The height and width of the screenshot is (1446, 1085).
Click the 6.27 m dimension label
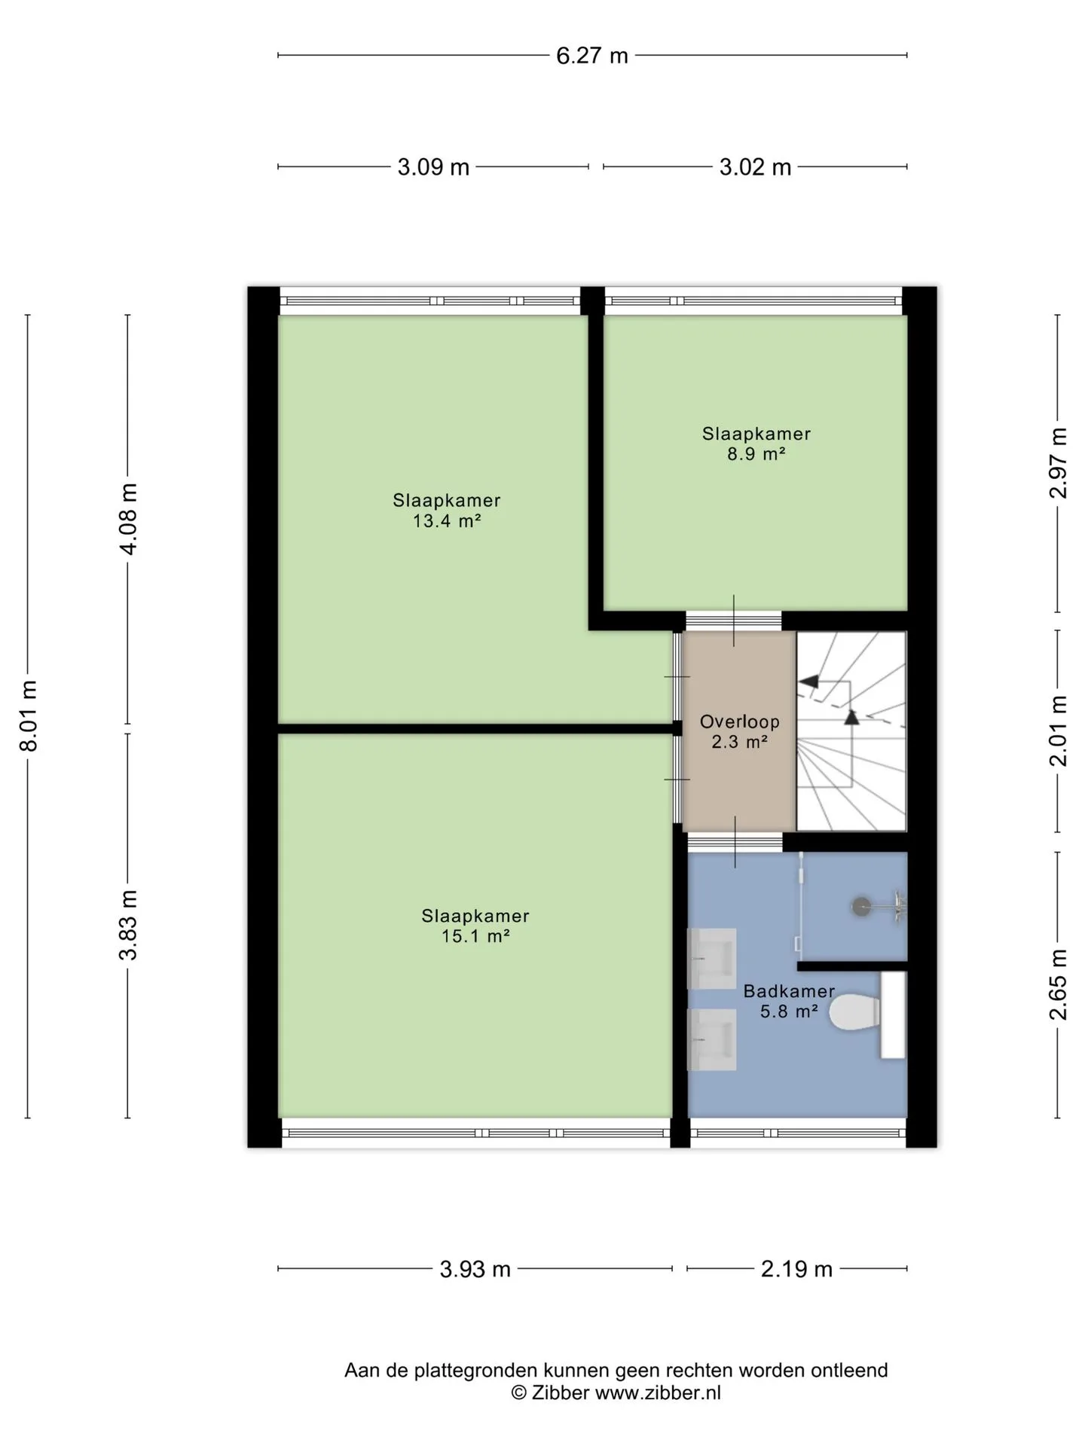point(592,56)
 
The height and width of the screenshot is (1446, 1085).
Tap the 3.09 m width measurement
point(433,167)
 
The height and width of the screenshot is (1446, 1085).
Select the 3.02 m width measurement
point(755,167)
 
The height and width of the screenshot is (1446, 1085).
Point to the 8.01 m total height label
point(29,715)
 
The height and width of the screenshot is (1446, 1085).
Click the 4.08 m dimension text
point(129,519)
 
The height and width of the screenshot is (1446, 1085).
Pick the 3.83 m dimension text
point(129,925)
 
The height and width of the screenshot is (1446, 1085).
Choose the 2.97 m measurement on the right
point(1059,462)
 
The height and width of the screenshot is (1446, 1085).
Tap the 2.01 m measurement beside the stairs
point(1059,731)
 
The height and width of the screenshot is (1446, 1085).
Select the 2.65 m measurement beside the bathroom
point(1059,984)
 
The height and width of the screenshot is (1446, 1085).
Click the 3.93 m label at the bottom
point(475,1270)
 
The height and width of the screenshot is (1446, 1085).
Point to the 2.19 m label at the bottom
point(796,1270)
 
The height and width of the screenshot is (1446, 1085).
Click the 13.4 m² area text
point(447,520)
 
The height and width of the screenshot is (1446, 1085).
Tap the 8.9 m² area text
point(756,454)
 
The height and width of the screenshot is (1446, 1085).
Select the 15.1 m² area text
point(475,936)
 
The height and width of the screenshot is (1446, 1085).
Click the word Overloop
point(740,721)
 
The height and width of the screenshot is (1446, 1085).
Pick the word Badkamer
point(789,991)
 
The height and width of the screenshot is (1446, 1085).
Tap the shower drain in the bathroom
point(860,907)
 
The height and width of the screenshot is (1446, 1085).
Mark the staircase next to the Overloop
point(851,731)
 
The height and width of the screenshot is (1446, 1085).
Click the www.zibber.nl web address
point(658,1393)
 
